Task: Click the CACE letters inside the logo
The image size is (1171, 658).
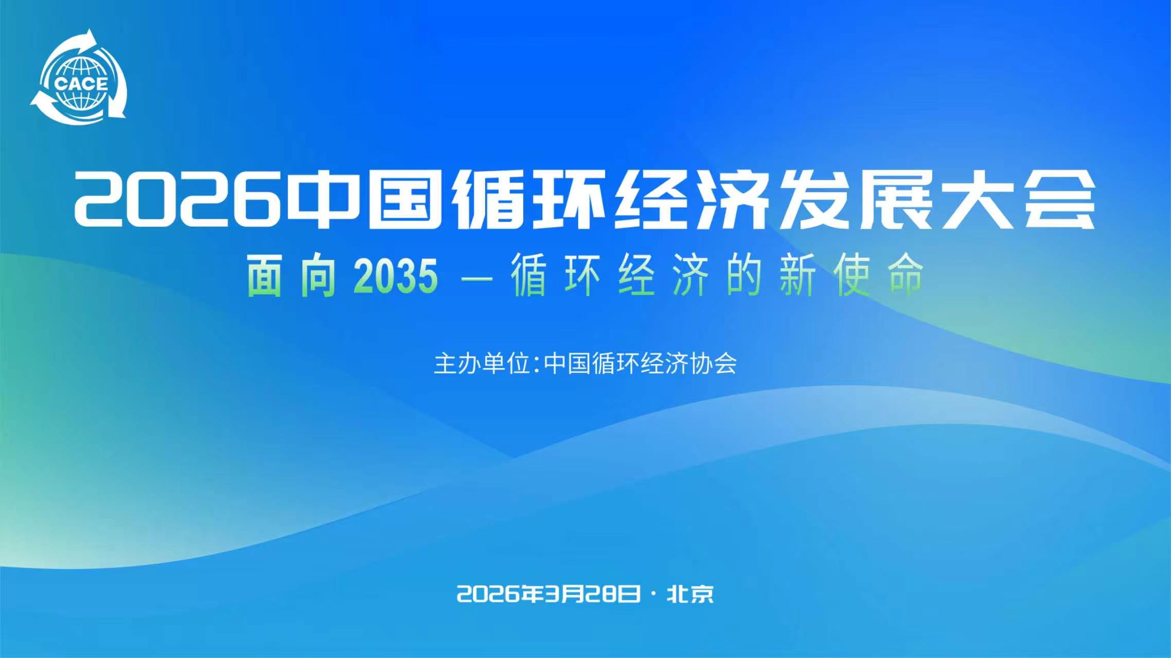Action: tap(81, 84)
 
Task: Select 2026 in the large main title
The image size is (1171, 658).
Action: tap(178, 200)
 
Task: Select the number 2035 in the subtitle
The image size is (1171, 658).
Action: tap(396, 277)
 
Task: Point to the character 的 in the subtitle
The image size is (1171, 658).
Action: tap(744, 277)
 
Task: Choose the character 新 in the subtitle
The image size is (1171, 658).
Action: tap(797, 277)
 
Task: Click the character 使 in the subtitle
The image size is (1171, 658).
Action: tap(851, 277)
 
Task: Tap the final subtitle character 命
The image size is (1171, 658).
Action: tap(906, 277)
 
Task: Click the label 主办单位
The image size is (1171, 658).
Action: tap(482, 364)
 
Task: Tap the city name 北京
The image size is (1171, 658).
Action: tap(690, 594)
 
